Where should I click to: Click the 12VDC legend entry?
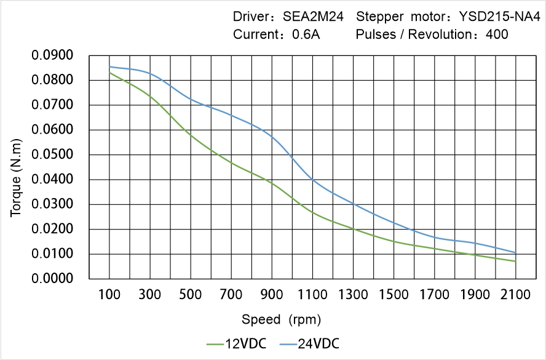coord(237,343)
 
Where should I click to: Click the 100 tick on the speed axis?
coord(109,295)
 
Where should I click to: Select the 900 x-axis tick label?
coord(272,295)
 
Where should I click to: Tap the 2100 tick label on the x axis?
coord(515,295)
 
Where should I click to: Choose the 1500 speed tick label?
coord(394,295)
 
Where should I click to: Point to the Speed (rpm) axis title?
coord(281,319)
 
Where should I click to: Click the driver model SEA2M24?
coord(314,17)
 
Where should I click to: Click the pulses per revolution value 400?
coord(497,34)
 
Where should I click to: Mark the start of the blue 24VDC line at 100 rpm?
coord(110,66)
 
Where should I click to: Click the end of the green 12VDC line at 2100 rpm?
coord(515,261)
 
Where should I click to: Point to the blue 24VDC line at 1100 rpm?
coord(312,179)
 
